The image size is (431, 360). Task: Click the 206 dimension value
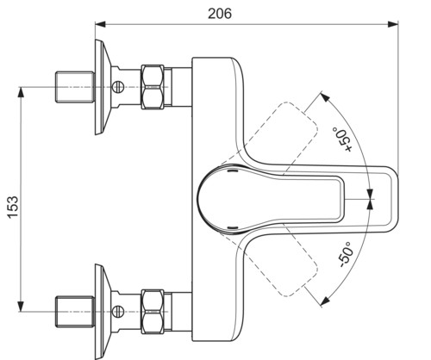point(220,14)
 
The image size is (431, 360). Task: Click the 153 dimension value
point(13,208)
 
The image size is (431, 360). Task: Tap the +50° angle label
point(342,140)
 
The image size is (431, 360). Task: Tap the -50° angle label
point(346,254)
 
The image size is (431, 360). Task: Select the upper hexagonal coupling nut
point(153,87)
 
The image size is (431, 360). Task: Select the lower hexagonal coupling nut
point(153,312)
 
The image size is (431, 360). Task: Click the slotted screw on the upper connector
point(118,87)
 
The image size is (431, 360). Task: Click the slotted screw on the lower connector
point(118,311)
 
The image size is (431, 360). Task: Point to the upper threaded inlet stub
point(75,87)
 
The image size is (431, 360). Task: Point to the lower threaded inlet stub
point(75,312)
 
